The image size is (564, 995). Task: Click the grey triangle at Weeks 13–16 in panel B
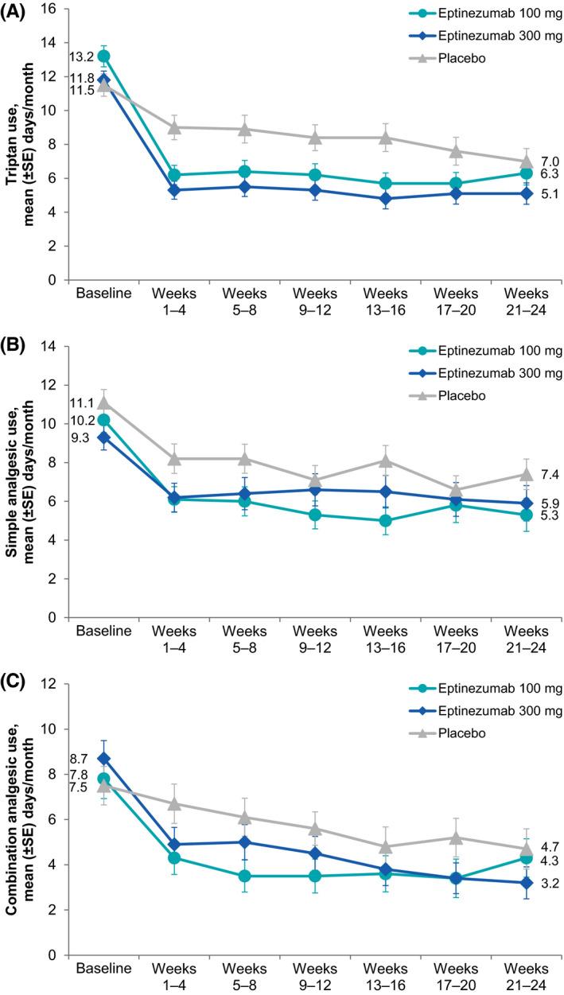(386, 460)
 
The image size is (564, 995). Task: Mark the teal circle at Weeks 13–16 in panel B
(386, 521)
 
